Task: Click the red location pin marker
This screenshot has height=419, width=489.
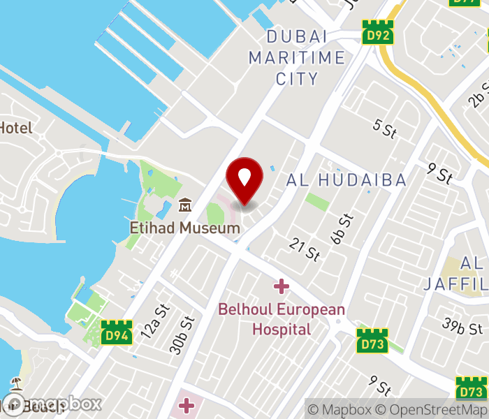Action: pyautogui.click(x=245, y=180)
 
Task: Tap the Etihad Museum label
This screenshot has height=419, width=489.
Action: pyautogui.click(x=185, y=228)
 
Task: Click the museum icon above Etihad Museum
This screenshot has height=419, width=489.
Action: pyautogui.click(x=185, y=205)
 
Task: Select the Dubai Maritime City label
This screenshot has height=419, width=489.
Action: pyautogui.click(x=297, y=57)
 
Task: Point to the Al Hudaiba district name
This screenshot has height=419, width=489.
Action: pyautogui.click(x=346, y=180)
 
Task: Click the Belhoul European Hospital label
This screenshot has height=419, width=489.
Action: pyautogui.click(x=282, y=319)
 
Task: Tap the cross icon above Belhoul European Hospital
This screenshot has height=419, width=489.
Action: pyautogui.click(x=281, y=286)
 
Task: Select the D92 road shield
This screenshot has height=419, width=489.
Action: pyautogui.click(x=378, y=32)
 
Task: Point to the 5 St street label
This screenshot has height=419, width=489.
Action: pyautogui.click(x=385, y=127)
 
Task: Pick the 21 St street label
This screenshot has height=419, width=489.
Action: pyautogui.click(x=305, y=249)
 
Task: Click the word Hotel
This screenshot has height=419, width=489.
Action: pyautogui.click(x=15, y=128)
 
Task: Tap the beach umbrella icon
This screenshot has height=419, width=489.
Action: pyautogui.click(x=16, y=383)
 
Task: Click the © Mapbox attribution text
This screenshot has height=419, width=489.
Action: pyautogui.click(x=339, y=409)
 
